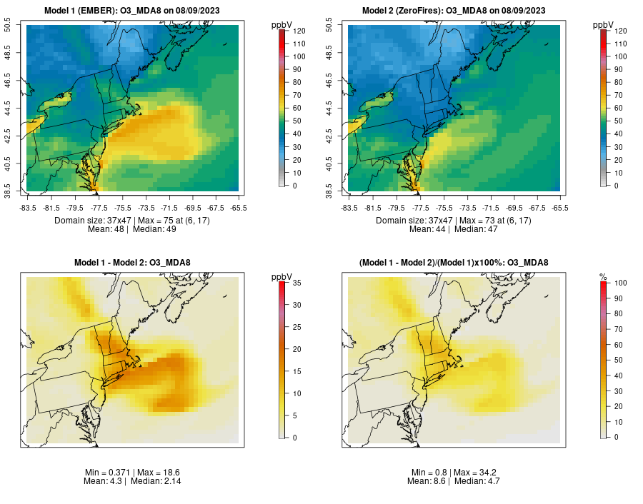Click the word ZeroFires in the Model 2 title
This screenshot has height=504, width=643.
pos(421,11)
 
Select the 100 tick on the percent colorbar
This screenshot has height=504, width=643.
pos(622,283)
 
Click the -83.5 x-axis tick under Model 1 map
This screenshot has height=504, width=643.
pos(27,208)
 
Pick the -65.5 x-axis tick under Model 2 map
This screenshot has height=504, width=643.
pos(560,208)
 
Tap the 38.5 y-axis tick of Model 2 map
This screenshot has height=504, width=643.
pos(331,191)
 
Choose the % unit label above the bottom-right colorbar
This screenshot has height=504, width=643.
pos(603,276)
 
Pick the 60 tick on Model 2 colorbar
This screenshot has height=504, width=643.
pos(619,108)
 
